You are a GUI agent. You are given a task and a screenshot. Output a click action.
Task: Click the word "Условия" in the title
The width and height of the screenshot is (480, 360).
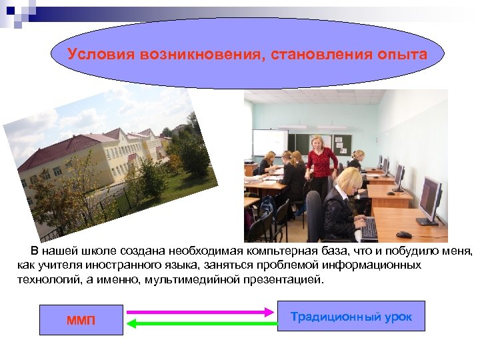(x=101, y=54)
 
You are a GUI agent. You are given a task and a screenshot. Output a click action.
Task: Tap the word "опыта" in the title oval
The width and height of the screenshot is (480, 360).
(x=404, y=54)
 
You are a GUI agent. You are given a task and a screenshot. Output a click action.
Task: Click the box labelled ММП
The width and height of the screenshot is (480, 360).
(x=81, y=321)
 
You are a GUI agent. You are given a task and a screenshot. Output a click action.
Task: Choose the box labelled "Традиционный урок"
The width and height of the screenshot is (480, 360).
(x=351, y=316)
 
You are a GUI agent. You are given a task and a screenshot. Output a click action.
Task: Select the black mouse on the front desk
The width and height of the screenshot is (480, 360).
(x=403, y=235)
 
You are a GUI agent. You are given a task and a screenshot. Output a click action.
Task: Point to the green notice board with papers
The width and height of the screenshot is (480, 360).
(x=341, y=142)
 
